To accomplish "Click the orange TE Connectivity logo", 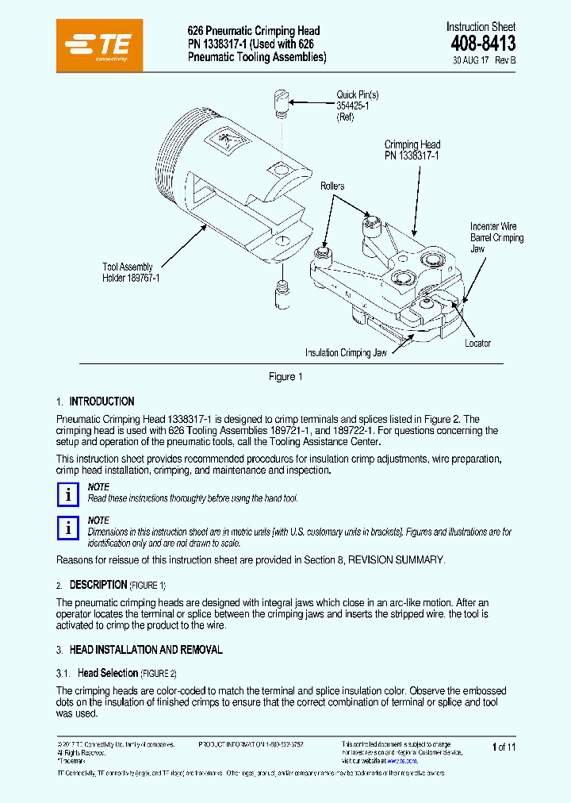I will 100,45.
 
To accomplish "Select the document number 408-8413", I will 483,44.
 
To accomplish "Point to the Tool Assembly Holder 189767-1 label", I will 131,273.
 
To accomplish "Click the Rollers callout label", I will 332,186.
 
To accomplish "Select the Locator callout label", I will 477,344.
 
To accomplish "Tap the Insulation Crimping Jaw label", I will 346,353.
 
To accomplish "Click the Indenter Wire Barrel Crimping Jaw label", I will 496,237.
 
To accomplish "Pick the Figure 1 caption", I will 285,377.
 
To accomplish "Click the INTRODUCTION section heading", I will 102,401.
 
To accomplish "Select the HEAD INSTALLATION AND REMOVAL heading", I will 146,650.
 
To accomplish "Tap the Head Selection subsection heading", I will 108,673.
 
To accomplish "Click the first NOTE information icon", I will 69,494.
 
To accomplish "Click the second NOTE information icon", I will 69,528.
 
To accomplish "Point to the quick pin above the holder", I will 282,103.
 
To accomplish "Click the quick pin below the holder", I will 282,296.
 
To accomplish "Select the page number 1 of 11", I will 504,747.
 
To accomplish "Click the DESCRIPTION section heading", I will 98,585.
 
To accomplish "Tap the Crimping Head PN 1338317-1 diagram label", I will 412,150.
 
